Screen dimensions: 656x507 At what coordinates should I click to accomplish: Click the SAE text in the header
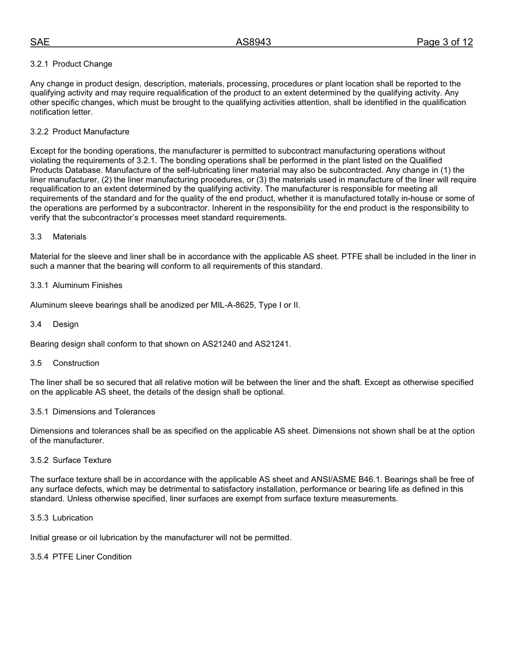click(40, 43)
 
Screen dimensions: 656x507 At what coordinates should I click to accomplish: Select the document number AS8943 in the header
click(253, 43)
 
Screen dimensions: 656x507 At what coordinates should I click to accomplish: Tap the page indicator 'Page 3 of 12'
click(445, 43)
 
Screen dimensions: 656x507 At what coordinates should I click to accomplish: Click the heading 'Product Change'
click(82, 64)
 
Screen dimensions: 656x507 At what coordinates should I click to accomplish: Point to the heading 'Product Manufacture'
click(91, 132)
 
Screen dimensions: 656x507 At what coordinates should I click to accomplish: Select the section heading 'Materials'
click(69, 237)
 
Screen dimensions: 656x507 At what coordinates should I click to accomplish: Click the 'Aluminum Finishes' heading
click(88, 285)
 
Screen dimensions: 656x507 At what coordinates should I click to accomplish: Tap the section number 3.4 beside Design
click(36, 324)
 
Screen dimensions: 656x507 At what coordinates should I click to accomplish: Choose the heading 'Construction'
click(76, 363)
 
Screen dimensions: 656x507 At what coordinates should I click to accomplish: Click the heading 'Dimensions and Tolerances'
click(104, 412)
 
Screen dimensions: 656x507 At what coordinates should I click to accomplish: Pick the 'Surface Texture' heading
click(82, 460)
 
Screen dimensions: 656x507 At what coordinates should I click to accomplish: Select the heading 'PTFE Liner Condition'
click(92, 557)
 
